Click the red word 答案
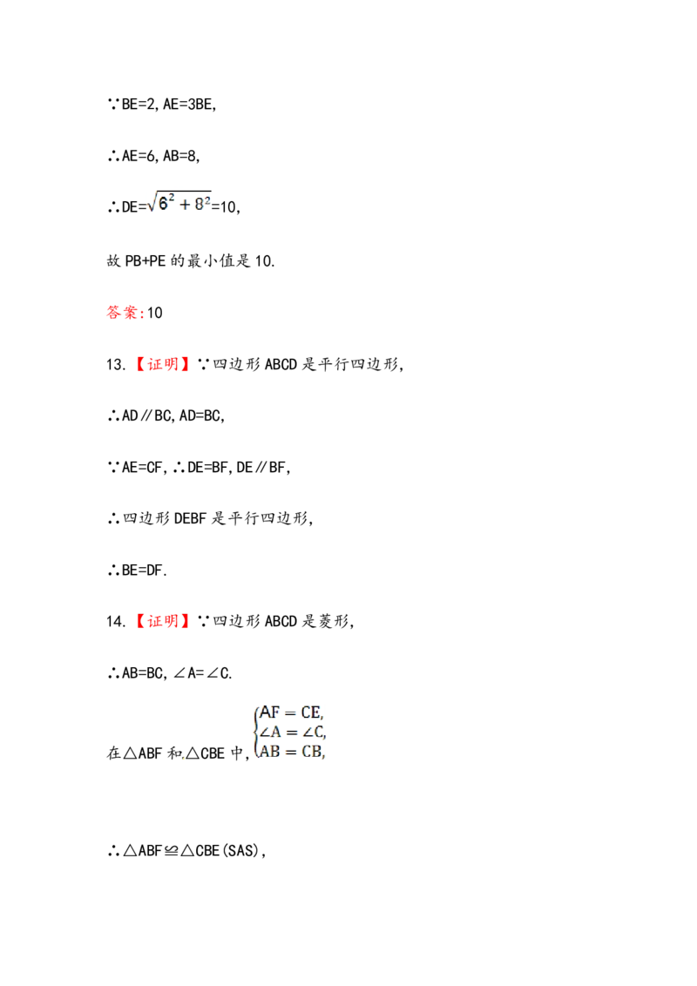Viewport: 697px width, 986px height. coord(123,313)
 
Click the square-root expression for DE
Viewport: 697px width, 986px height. coord(179,202)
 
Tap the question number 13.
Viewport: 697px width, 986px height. coord(116,365)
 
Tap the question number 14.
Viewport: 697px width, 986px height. coord(116,622)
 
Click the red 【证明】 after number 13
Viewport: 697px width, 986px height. coord(162,364)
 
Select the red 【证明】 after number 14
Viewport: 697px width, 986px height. coord(162,621)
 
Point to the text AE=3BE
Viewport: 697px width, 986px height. coord(189,105)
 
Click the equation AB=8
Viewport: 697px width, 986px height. coord(180,156)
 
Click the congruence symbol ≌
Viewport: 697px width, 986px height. coord(171,851)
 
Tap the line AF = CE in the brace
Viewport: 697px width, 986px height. coord(291,712)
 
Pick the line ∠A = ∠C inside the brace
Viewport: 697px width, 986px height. coord(293,732)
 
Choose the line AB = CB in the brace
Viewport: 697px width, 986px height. coord(292,752)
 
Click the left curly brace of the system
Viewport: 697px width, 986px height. coord(255,732)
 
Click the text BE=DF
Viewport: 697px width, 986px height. coord(143,571)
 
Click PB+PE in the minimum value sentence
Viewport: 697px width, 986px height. coord(145,261)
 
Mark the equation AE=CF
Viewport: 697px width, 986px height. coord(143,467)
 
